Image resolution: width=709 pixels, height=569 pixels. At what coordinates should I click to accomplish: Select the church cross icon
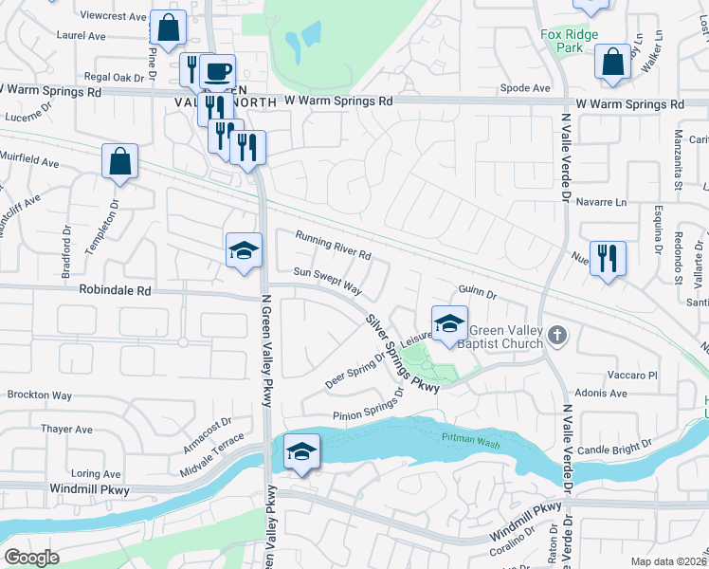tap(558, 334)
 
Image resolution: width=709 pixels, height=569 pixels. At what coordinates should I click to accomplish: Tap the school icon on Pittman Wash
tap(300, 450)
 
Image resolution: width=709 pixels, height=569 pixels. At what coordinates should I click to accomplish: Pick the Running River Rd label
tap(332, 246)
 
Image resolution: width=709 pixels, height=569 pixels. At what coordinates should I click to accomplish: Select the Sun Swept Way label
tap(327, 280)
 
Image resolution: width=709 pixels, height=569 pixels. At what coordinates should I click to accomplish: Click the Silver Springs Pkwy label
tap(403, 353)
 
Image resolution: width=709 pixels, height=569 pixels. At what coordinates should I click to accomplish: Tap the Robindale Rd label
tap(116, 291)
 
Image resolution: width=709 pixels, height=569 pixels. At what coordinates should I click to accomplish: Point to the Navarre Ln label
tap(608, 202)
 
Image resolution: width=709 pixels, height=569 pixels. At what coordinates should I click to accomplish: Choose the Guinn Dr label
tap(477, 295)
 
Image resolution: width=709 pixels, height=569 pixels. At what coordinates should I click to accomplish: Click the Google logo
tap(31, 558)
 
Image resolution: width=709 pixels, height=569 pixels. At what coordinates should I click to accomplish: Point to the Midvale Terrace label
tap(212, 451)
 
